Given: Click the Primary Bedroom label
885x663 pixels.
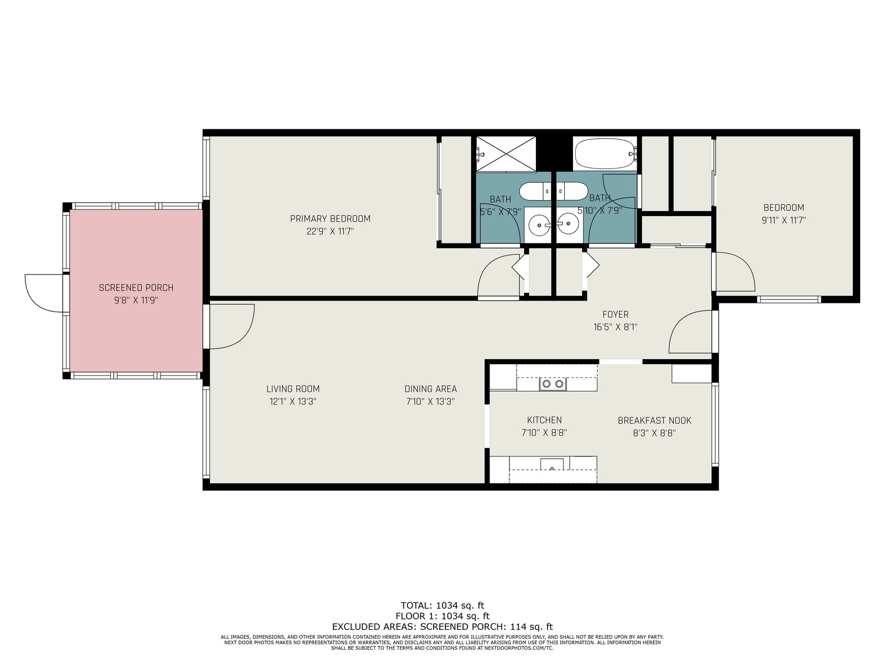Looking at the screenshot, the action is pyautogui.click(x=330, y=219).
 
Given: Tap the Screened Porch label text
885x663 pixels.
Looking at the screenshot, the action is pyautogui.click(x=136, y=288).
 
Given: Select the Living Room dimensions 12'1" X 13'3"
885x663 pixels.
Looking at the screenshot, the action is pyautogui.click(x=293, y=401).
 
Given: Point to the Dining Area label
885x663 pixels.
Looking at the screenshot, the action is pyautogui.click(x=430, y=389).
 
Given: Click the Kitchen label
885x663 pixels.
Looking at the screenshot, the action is pyautogui.click(x=544, y=420).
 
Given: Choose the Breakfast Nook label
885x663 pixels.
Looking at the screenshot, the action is pyautogui.click(x=654, y=420).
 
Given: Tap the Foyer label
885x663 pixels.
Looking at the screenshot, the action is pyautogui.click(x=615, y=314).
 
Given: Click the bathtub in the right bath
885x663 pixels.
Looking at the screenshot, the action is pyautogui.click(x=605, y=154).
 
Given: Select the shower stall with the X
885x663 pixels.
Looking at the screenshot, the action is pyautogui.click(x=506, y=154).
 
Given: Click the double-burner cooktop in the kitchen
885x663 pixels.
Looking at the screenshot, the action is pyautogui.click(x=553, y=384).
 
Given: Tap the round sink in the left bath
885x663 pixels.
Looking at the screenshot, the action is pyautogui.click(x=539, y=224).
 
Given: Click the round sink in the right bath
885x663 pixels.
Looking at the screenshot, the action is pyautogui.click(x=568, y=224).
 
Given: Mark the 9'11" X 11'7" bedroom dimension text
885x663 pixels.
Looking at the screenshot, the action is pyautogui.click(x=783, y=220).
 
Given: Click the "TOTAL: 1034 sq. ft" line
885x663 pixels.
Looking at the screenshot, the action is pyautogui.click(x=442, y=606).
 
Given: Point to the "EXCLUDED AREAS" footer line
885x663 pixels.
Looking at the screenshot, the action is pyautogui.click(x=442, y=627).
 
